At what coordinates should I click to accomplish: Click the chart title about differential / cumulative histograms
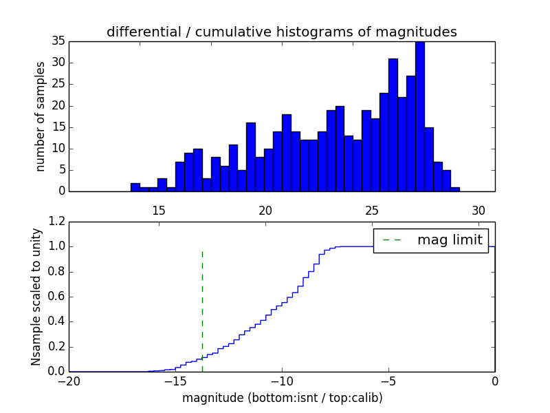click(281, 32)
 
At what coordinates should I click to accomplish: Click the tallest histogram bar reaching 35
click(420, 116)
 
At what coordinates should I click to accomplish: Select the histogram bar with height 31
click(393, 125)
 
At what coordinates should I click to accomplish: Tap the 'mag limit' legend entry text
click(450, 240)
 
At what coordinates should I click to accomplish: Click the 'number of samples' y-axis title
click(41, 116)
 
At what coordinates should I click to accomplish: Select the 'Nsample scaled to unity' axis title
click(36, 296)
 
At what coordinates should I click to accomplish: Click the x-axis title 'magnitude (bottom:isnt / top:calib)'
click(282, 398)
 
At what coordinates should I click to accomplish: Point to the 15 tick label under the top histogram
click(159, 211)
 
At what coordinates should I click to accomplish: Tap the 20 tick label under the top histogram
click(265, 211)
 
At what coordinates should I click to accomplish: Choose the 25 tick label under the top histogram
click(372, 211)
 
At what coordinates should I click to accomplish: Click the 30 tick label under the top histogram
click(478, 211)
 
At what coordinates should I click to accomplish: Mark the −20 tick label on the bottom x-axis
click(69, 382)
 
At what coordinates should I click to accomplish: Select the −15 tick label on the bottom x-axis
click(175, 382)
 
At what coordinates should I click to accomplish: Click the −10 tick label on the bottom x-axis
click(282, 382)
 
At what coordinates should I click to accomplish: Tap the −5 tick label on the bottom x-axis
click(388, 382)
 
